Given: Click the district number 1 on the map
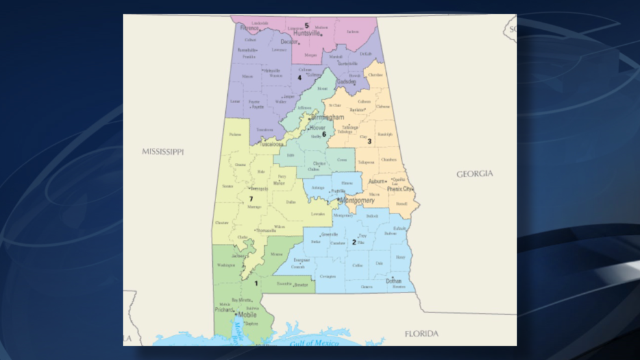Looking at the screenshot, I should (x=256, y=283).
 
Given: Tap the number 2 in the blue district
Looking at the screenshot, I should (x=354, y=243).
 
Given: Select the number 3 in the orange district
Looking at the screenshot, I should (x=369, y=141).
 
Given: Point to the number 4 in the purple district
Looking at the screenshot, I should (x=299, y=78).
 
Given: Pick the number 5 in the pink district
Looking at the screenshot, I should (x=306, y=26).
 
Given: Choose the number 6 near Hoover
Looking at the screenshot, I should (x=324, y=134).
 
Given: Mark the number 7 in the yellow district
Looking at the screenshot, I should (x=251, y=198).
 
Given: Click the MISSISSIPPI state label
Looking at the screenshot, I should (x=163, y=152).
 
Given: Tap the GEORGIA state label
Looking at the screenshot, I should (x=474, y=174).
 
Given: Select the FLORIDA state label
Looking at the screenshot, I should (x=421, y=334).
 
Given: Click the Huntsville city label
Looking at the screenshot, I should (x=307, y=34).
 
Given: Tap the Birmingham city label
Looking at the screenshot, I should (x=327, y=117).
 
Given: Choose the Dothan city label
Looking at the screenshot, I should (x=393, y=281).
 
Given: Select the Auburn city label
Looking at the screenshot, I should (x=376, y=182).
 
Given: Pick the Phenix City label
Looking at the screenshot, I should (x=400, y=189).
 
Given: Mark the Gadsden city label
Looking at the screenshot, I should (x=346, y=82).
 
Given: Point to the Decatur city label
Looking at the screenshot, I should (x=289, y=42).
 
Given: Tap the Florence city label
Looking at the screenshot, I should (x=249, y=29).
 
